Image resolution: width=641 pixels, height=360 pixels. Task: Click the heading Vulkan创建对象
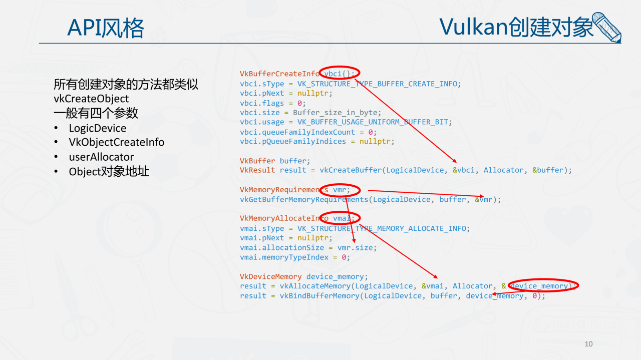click(x=516, y=27)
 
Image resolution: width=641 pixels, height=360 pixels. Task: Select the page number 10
click(x=588, y=344)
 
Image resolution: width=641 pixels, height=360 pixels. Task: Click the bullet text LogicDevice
click(x=98, y=128)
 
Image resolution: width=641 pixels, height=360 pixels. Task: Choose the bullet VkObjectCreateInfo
click(x=117, y=142)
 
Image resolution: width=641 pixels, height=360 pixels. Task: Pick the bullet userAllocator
click(x=101, y=157)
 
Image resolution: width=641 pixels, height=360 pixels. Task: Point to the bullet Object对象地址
click(x=109, y=172)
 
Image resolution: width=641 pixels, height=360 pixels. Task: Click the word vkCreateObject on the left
click(x=91, y=99)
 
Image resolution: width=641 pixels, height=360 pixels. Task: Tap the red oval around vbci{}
click(x=340, y=74)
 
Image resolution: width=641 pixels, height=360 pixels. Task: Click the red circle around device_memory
click(x=542, y=285)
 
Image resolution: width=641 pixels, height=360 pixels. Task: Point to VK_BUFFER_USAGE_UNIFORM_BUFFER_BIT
click(x=375, y=122)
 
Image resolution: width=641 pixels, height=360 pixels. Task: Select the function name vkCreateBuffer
click(x=351, y=170)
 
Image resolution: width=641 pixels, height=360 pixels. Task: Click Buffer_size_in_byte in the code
click(x=337, y=113)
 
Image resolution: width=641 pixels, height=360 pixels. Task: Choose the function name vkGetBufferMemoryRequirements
click(x=304, y=199)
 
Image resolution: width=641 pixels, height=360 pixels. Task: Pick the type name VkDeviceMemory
click(x=271, y=276)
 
